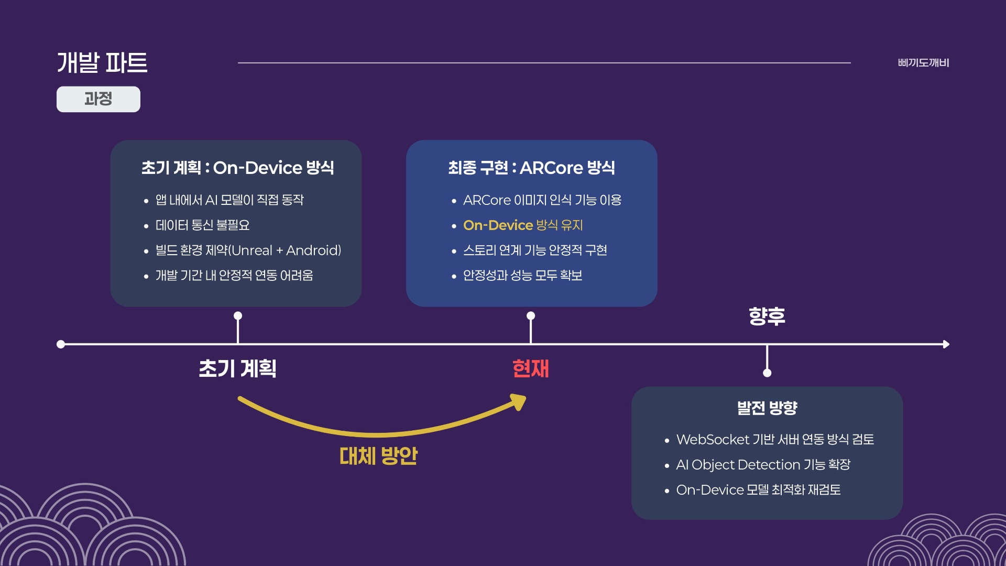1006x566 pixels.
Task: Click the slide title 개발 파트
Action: [x=102, y=63]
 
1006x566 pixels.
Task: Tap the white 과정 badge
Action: [x=99, y=99]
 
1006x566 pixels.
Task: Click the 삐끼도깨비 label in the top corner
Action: [x=923, y=63]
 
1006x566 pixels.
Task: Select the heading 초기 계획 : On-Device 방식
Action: [x=237, y=168]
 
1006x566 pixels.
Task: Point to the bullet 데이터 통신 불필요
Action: [x=202, y=225]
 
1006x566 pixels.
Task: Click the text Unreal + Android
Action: [x=286, y=251]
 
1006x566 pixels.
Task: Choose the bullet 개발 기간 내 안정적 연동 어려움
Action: [x=234, y=276]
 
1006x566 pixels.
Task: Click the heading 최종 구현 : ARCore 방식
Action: [x=531, y=168]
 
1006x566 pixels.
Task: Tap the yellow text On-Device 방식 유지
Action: [x=523, y=225]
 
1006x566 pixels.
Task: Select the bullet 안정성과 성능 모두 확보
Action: [x=522, y=276]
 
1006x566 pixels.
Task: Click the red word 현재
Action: [x=531, y=368]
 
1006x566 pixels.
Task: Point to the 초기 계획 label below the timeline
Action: [x=237, y=368]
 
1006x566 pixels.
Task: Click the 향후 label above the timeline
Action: [x=767, y=316]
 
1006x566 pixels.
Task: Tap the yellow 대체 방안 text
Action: [x=378, y=456]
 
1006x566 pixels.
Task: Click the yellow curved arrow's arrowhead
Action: [x=519, y=402]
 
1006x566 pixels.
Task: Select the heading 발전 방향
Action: [x=767, y=408]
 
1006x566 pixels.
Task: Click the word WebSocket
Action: [x=713, y=440]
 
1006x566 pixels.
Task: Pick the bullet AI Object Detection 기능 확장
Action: [x=763, y=465]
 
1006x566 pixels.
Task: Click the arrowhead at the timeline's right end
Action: [x=946, y=344]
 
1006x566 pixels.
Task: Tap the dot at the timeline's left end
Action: [x=61, y=344]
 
